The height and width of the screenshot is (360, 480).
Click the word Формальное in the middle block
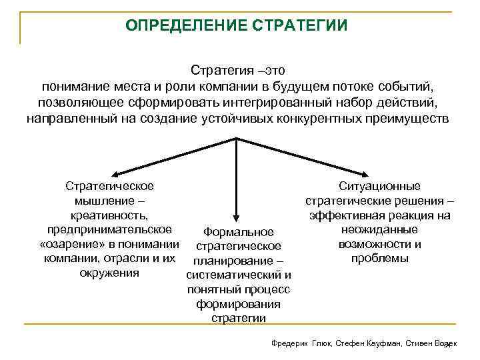(238, 232)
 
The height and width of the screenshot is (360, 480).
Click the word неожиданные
(379, 229)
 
